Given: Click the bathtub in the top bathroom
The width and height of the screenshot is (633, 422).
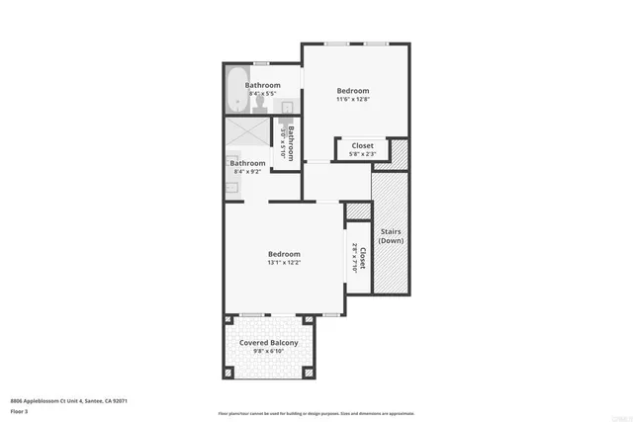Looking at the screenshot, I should point(236,91).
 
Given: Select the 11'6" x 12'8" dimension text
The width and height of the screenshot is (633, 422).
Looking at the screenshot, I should point(353,99).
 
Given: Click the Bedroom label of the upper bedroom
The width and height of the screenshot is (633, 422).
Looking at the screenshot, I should point(353,89).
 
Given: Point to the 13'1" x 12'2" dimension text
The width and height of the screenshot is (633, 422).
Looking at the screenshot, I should point(283,263).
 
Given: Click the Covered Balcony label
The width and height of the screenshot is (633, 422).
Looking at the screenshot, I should point(269,342).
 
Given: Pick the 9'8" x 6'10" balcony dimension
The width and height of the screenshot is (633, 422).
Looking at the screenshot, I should point(269,351).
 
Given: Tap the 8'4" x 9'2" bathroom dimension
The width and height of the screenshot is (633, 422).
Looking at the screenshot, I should point(248,172).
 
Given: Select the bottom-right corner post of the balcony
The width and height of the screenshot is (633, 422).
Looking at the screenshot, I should point(308,373).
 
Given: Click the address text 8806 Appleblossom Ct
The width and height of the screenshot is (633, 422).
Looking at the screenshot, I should point(68,400).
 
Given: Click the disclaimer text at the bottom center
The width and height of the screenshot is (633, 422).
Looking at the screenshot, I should point(316,413).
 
